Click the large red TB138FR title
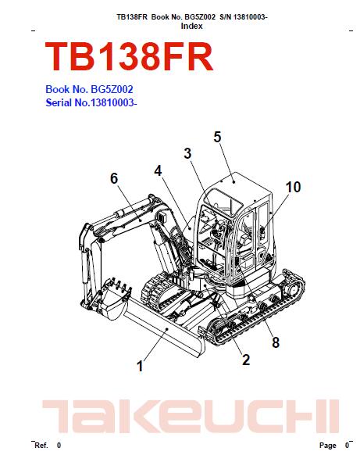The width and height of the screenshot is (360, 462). tap(129, 56)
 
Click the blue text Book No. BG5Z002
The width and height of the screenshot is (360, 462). tap(89, 89)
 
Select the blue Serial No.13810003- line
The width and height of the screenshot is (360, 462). tap(91, 102)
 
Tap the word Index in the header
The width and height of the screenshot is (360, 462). tap(191, 26)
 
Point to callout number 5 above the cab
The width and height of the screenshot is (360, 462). tap(217, 137)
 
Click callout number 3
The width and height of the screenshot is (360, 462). tap(187, 153)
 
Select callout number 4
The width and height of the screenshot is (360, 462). tap(158, 170)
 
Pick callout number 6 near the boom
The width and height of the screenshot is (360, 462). tap(114, 178)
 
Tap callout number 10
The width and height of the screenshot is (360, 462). tap(293, 187)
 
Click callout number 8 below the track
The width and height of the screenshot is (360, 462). tap(276, 342)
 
